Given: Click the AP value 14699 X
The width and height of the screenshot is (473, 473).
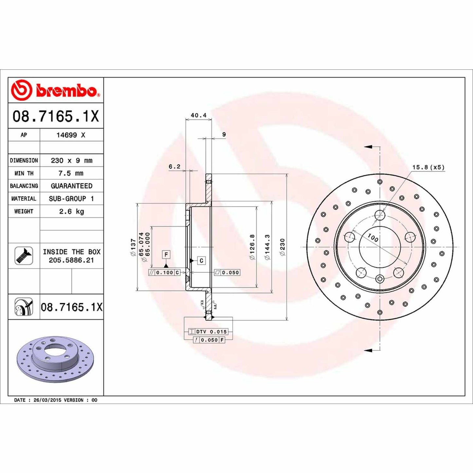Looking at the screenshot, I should (x=71, y=135).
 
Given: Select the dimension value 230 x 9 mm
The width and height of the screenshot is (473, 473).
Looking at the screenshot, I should (x=71, y=160).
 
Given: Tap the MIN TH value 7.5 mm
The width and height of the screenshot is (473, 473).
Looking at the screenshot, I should (x=71, y=173).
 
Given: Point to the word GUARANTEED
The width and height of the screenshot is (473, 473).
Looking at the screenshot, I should (x=71, y=186).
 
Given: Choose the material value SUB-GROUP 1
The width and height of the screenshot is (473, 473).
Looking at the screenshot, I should (x=71, y=199).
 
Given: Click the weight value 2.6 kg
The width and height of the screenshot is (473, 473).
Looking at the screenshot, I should (x=71, y=211).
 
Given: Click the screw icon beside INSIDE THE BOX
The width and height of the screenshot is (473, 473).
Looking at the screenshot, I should (x=24, y=256).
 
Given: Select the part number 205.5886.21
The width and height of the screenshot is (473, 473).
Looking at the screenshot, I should (x=71, y=260).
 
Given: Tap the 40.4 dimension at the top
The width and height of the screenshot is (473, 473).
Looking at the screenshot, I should (x=198, y=115).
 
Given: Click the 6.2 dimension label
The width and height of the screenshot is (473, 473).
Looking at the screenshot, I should (x=174, y=167).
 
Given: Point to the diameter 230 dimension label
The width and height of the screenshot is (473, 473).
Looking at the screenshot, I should (x=282, y=247).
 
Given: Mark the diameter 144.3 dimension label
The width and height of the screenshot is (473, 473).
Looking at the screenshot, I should (x=267, y=247).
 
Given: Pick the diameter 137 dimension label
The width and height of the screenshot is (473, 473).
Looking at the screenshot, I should (x=133, y=247).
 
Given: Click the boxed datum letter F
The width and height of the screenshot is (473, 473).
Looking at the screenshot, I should (x=166, y=254).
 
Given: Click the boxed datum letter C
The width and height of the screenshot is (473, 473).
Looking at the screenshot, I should (x=201, y=261).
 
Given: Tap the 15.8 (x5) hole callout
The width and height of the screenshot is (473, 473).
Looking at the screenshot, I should (x=428, y=167).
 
